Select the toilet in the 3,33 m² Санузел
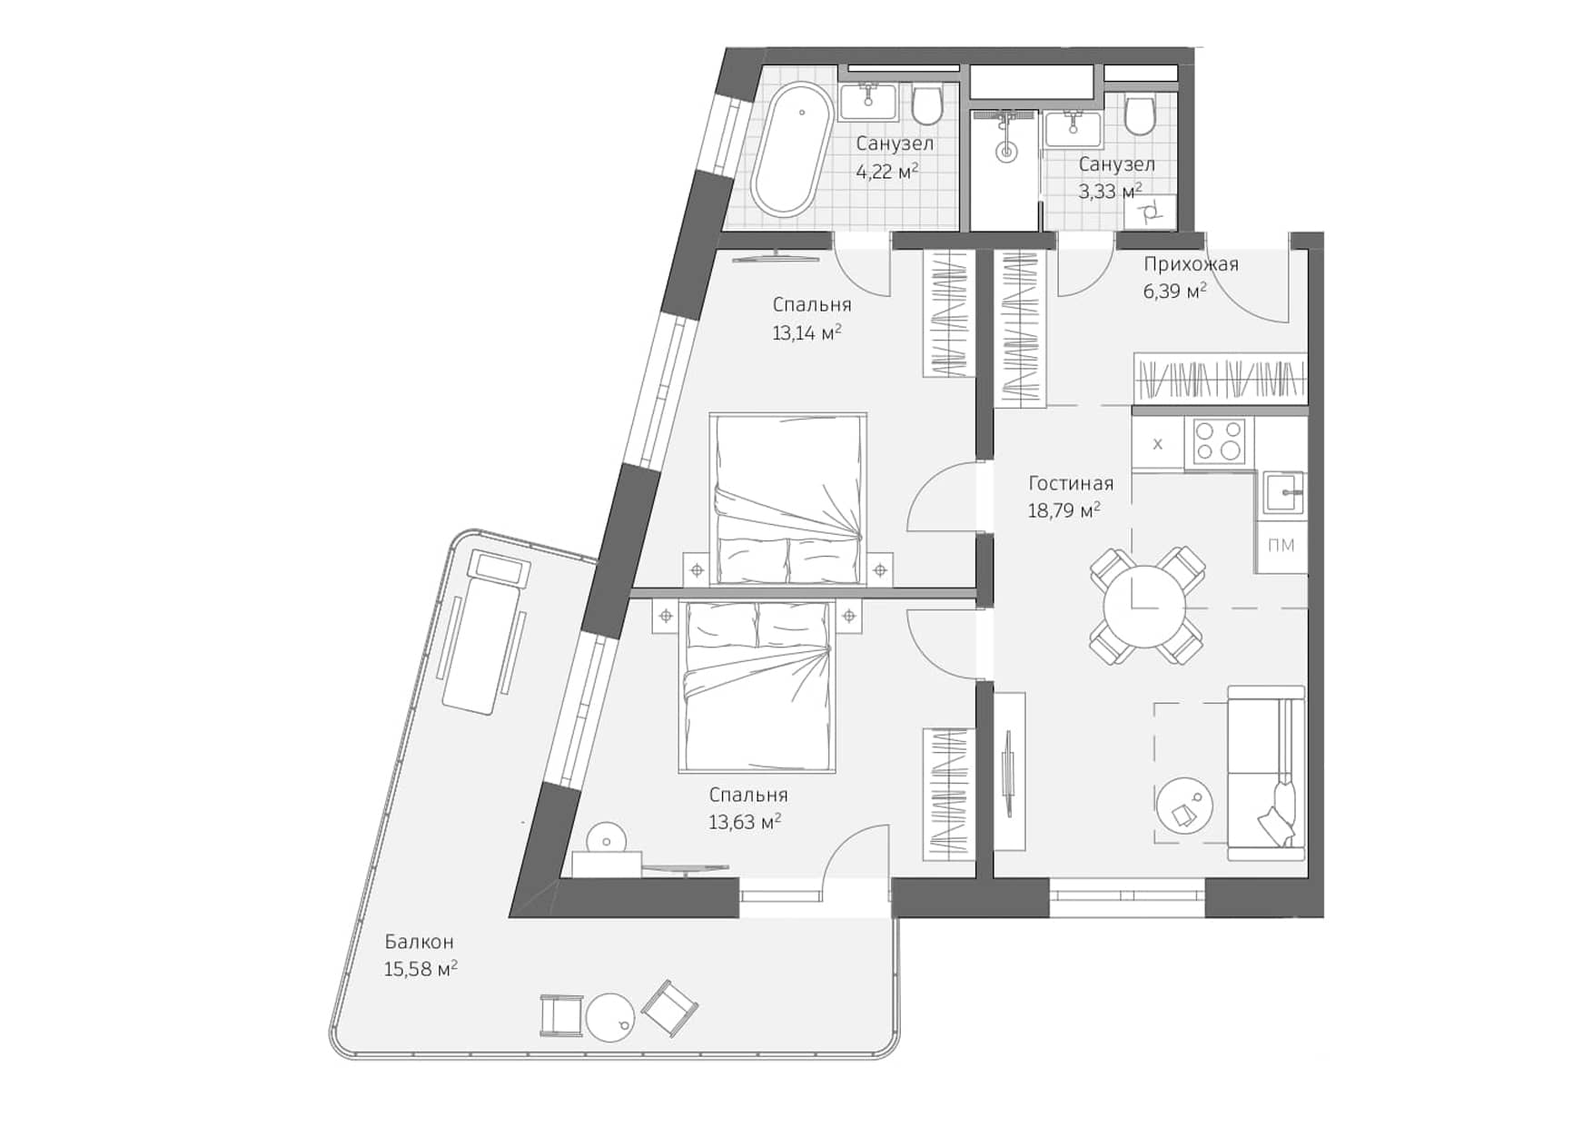click(1139, 115)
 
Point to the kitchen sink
click(1283, 493)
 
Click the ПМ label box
click(1281, 546)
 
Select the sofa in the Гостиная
click(1265, 773)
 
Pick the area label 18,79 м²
click(1064, 511)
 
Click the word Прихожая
click(1190, 264)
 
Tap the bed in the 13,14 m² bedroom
click(787, 499)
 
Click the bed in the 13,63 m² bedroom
click(757, 687)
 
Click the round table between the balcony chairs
click(610, 1017)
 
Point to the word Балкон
click(418, 942)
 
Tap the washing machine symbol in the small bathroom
click(1150, 213)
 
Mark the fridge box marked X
click(1157, 444)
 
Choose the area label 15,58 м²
click(420, 969)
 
